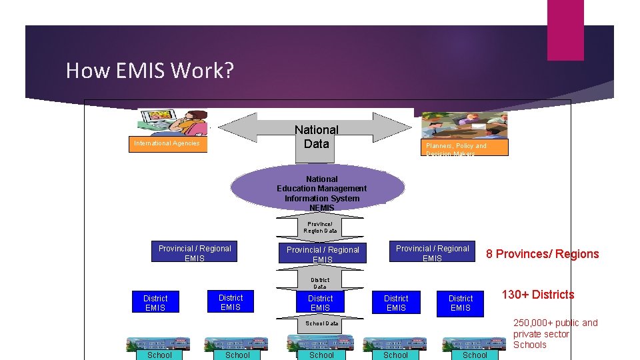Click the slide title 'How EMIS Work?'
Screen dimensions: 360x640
tap(150, 70)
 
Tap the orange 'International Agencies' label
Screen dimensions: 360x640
tap(167, 143)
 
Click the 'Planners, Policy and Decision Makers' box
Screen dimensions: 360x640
tap(465, 148)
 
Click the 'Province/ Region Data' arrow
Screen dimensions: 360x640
tap(321, 227)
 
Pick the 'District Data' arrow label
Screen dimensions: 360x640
tap(320, 282)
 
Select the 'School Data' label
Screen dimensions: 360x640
tap(322, 323)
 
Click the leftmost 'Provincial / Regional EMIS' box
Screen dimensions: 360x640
tap(194, 253)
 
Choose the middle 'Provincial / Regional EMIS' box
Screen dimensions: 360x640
tap(323, 254)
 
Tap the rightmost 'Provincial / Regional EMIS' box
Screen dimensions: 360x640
tap(432, 253)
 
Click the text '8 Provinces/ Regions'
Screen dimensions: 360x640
tap(542, 254)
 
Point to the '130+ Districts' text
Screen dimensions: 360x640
tap(537, 295)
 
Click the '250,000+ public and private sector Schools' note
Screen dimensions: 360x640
tap(555, 334)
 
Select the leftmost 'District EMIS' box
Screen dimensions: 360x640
tap(155, 303)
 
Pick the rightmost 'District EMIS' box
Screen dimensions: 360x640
tap(460, 303)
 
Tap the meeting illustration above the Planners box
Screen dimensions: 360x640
tap(465, 125)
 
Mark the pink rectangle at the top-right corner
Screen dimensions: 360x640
tap(565, 30)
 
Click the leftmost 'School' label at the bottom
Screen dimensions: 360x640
tap(159, 355)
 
